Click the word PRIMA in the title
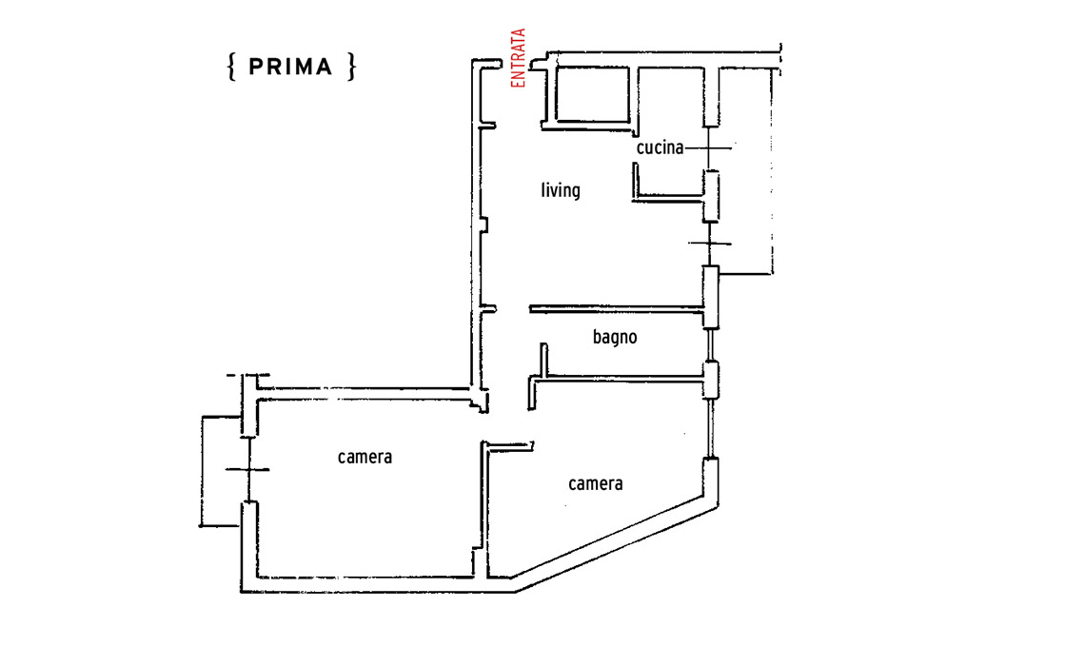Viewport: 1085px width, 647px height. point(290,68)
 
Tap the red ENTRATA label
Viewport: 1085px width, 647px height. point(518,58)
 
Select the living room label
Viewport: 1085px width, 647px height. point(561,189)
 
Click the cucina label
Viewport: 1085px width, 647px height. point(660,147)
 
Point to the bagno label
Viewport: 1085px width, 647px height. point(615,337)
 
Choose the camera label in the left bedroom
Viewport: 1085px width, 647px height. point(365,458)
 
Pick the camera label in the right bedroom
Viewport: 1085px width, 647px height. point(595,483)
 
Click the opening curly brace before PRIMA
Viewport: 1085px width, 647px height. point(232,68)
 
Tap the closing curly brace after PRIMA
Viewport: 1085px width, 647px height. point(351,68)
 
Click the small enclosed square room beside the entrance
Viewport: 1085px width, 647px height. point(592,95)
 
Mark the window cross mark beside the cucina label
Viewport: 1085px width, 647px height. point(710,147)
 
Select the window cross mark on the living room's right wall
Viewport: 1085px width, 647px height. point(710,244)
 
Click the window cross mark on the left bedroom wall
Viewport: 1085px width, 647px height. point(247,470)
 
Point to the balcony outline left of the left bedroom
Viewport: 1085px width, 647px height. point(202,471)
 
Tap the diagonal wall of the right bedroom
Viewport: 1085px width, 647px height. point(616,543)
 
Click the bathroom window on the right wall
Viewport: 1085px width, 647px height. point(710,345)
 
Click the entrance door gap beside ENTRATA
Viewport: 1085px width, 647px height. point(516,66)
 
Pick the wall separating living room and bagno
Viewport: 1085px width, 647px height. point(617,308)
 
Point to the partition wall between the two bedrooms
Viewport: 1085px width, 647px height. point(484,509)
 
